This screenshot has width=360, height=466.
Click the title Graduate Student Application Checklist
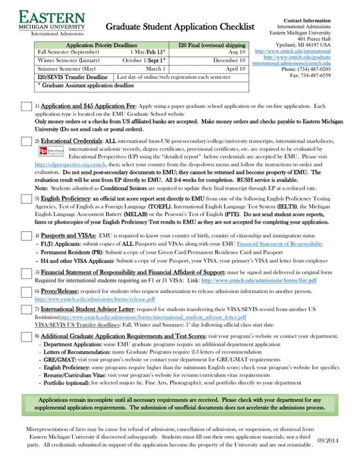pyautogui.click(x=180, y=28)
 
